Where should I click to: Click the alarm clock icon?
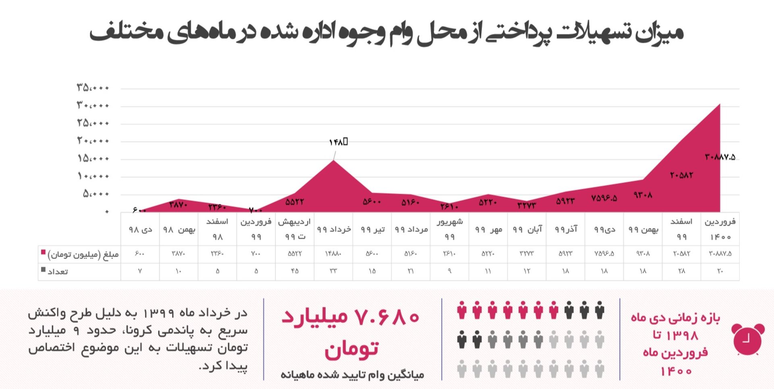pyautogui.click(x=747, y=339)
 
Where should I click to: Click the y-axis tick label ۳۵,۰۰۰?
pyautogui.click(x=93, y=87)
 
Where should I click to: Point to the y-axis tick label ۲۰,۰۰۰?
pyautogui.click(x=93, y=141)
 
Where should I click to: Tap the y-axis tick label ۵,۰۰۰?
pyautogui.click(x=96, y=194)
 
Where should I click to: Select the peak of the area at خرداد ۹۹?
pyautogui.click(x=333, y=161)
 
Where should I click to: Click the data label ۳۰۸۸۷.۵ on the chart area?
pyautogui.click(x=720, y=157)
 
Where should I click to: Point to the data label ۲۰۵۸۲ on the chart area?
pyautogui.click(x=681, y=175)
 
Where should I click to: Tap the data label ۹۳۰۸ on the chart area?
pyautogui.click(x=643, y=195)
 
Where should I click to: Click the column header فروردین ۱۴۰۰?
pyautogui.click(x=720, y=229)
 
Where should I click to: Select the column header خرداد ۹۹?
pyautogui.click(x=333, y=229)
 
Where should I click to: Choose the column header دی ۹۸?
pyautogui.click(x=140, y=229)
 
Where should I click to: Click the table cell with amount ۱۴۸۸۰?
pyautogui.click(x=333, y=254)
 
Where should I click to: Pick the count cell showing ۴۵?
pyautogui.click(x=295, y=271)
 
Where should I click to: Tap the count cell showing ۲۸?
pyautogui.click(x=681, y=271)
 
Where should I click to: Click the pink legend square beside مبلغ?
pyautogui.click(x=43, y=252)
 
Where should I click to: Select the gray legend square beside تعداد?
pyautogui.click(x=43, y=270)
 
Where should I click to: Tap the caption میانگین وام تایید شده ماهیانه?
pyautogui.click(x=352, y=375)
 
